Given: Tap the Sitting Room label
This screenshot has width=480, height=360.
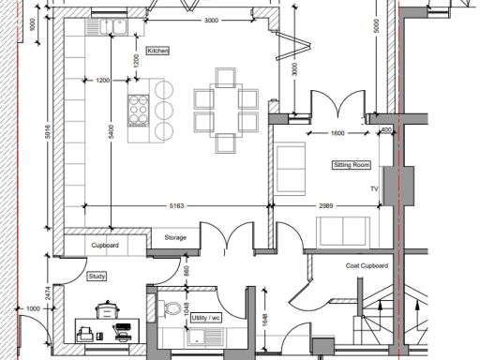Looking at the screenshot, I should click(352, 165).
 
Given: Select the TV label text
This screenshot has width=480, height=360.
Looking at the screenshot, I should click(373, 187).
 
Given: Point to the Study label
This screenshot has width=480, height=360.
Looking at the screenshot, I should click(97, 277).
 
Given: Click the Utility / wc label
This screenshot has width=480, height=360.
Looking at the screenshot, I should click(206, 319).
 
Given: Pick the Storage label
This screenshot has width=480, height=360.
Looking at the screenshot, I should click(175, 238).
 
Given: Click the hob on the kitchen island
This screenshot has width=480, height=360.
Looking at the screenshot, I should click(140, 107).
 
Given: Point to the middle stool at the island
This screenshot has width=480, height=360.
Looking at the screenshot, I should click(166, 107).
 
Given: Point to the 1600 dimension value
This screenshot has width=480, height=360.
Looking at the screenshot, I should click(337, 134).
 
